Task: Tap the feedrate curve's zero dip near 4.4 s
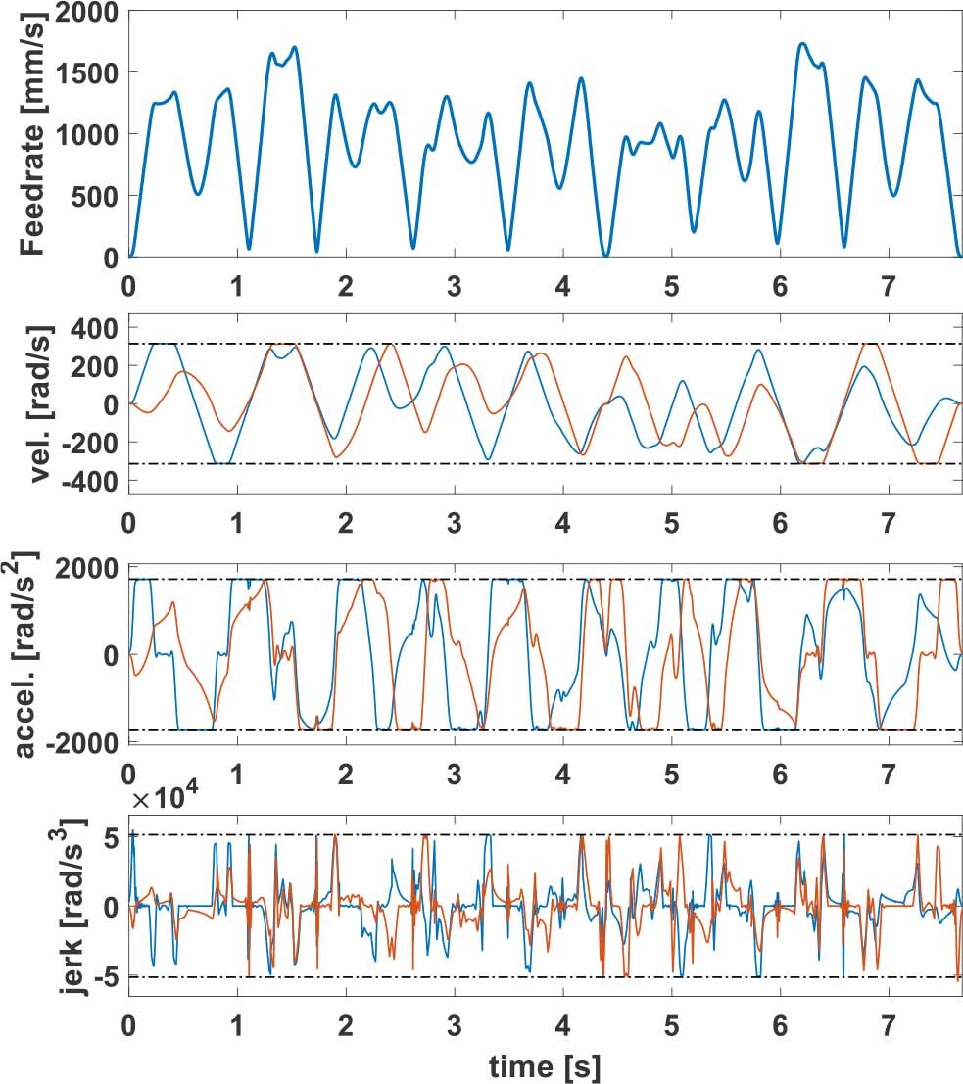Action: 605,256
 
